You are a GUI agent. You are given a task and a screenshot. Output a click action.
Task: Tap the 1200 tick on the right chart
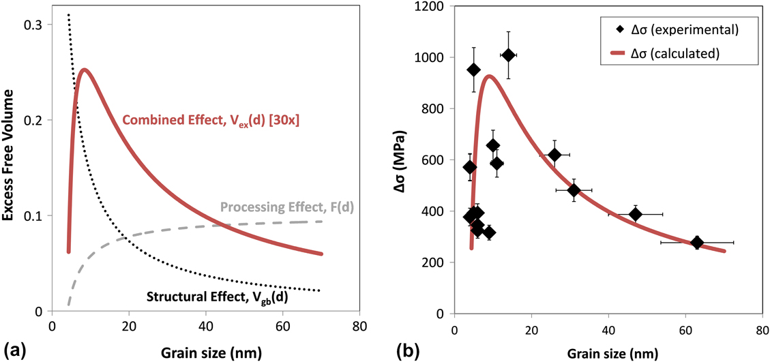[432, 7]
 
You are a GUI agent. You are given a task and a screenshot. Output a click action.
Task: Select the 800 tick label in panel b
[436, 109]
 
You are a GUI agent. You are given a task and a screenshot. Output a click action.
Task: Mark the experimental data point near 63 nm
[697, 242]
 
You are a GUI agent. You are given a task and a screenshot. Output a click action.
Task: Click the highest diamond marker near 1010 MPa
[508, 55]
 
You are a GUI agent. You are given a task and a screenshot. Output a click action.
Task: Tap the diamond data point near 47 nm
[635, 214]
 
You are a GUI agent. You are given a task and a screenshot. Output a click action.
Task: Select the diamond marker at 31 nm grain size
[574, 190]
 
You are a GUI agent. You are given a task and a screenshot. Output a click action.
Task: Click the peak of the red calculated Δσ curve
[489, 76]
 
